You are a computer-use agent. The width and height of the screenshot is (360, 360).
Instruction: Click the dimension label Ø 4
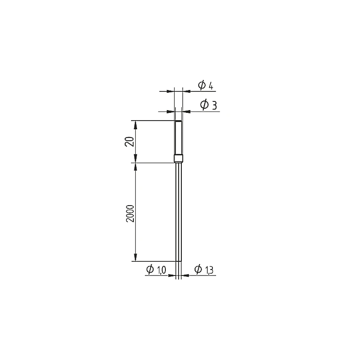pyautogui.click(x=206, y=85)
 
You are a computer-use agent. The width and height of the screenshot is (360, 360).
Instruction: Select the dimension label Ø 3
pyautogui.click(x=208, y=105)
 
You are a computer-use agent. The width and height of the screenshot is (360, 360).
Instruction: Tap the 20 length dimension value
pyautogui.click(x=129, y=142)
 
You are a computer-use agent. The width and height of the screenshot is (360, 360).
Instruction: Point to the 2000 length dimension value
pyautogui.click(x=130, y=213)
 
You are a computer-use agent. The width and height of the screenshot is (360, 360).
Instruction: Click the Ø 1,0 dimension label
pyautogui.click(x=156, y=269)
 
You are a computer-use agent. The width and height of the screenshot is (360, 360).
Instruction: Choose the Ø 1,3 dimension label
pyautogui.click(x=204, y=269)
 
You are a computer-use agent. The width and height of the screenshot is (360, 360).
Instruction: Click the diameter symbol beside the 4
pyautogui.click(x=202, y=85)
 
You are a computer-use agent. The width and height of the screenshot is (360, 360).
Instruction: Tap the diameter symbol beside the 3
pyautogui.click(x=204, y=105)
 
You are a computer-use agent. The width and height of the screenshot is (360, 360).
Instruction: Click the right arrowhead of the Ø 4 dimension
pyautogui.click(x=186, y=91)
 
